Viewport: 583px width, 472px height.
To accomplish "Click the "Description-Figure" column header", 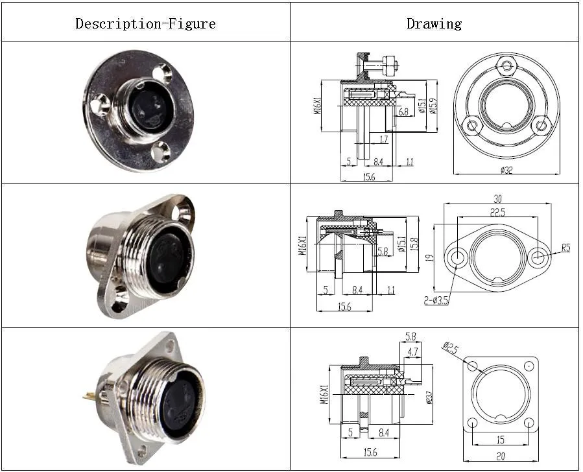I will pos(145,24).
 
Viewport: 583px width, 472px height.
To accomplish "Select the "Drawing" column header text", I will pos(434,24).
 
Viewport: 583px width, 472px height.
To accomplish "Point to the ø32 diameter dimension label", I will pos(507,171).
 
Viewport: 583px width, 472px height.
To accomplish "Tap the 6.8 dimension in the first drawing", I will pos(403,112).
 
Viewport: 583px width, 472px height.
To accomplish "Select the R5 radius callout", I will pos(565,248).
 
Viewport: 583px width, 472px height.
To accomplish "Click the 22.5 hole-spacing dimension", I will pos(498,213).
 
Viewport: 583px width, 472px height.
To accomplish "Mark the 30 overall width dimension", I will pos(497,198).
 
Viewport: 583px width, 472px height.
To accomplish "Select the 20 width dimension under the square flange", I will pos(501,455).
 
